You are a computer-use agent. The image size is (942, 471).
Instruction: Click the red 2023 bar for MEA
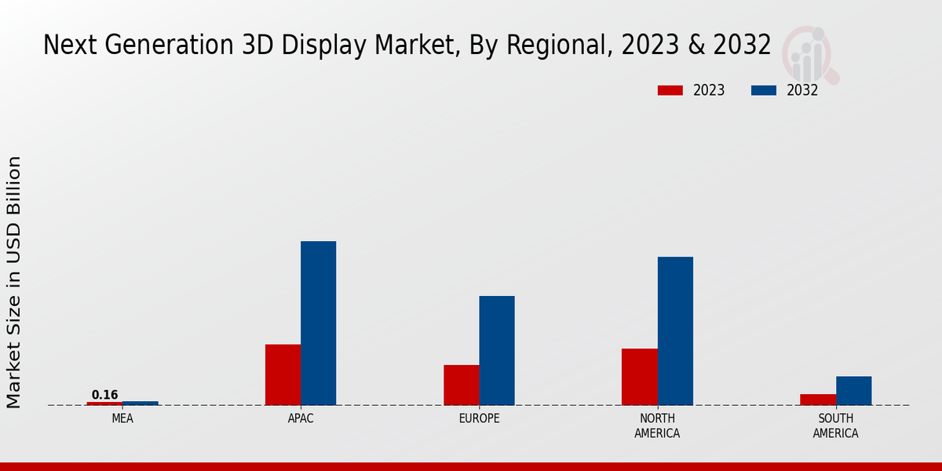pos(104,403)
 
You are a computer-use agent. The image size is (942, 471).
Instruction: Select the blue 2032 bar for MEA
pos(140,403)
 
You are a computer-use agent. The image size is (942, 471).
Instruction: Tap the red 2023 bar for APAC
pos(283,374)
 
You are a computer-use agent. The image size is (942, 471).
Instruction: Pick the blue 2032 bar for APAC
pos(318,323)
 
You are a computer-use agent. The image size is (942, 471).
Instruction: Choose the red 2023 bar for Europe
pos(461,385)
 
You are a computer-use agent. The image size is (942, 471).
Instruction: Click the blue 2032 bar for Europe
pos(497,350)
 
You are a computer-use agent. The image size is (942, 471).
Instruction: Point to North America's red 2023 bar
pos(639,377)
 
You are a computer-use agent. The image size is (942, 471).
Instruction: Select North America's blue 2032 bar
pos(675,330)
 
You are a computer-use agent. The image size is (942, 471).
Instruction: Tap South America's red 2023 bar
pos(818,400)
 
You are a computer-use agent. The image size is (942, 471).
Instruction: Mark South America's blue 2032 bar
pos(853,390)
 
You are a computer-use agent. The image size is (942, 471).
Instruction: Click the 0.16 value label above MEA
pos(104,395)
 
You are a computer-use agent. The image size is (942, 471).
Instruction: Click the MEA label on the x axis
pos(122,418)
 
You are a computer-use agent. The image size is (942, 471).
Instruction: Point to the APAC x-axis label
pos(301,418)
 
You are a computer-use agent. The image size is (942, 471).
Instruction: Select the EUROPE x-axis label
pos(479,418)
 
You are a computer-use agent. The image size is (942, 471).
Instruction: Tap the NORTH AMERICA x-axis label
pos(657,425)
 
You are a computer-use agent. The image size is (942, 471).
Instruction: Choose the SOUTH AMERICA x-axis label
pos(835,425)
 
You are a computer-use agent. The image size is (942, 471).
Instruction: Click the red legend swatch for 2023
pos(670,90)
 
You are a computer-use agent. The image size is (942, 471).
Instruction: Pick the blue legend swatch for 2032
pos(763,90)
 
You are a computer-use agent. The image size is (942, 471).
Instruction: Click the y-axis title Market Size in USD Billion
pos(14,282)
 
